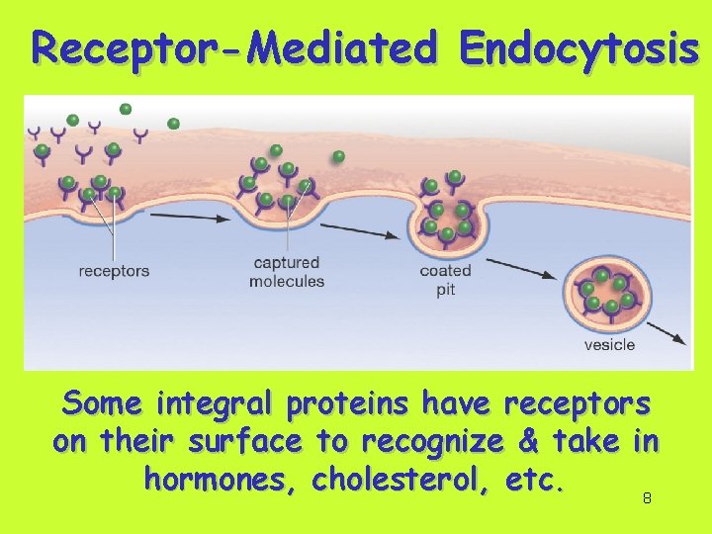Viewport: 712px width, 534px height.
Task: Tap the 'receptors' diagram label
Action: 114,271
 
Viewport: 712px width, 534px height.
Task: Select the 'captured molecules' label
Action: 287,272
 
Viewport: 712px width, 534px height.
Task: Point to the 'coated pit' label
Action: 445,280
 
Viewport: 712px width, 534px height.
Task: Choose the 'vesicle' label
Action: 609,345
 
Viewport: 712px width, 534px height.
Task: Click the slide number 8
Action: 647,499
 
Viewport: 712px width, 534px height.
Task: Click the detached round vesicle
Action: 608,292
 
